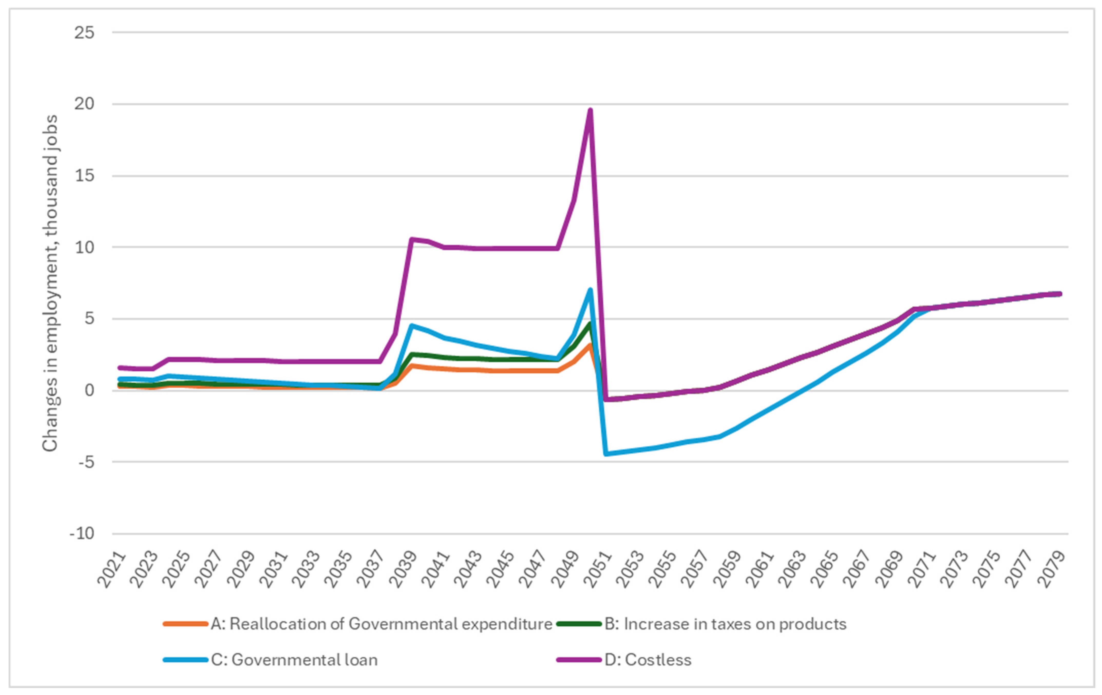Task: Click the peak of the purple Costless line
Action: (x=590, y=110)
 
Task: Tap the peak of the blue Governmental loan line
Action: (x=590, y=289)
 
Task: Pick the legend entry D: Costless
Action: (x=648, y=660)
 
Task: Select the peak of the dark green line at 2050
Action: (x=590, y=324)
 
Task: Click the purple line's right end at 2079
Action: (x=1060, y=294)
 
